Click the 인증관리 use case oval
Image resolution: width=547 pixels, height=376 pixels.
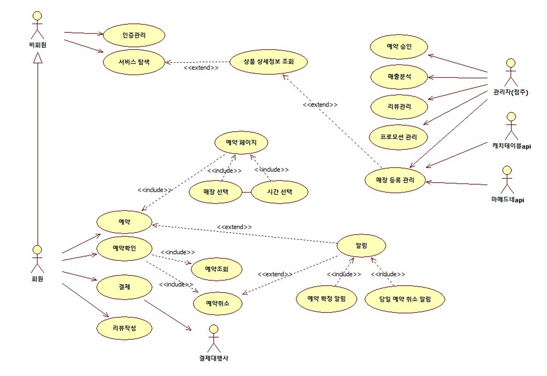[x=134, y=35]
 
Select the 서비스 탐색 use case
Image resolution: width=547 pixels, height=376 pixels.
[x=134, y=62]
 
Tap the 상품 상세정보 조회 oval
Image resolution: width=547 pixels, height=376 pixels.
[x=268, y=62]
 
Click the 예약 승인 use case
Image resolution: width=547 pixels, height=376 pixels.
[x=399, y=47]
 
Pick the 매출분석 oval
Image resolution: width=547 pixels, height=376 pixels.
[x=399, y=77]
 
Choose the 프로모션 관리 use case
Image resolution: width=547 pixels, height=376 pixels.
[x=398, y=137]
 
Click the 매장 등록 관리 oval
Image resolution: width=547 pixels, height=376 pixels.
[x=395, y=180]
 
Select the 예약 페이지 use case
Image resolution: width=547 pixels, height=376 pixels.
[x=241, y=142]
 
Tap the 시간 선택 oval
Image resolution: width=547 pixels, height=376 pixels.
[x=279, y=192]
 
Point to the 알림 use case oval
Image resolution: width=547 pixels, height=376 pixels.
[x=361, y=246]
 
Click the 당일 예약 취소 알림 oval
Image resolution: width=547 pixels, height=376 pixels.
[x=405, y=299]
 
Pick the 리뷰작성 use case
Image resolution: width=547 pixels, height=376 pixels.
[x=124, y=328]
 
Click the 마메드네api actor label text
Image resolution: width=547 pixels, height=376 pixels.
[x=507, y=200]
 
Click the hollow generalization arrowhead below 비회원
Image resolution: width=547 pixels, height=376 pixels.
[x=38, y=58]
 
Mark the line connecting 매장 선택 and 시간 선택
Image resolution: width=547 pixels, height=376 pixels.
[x=247, y=192]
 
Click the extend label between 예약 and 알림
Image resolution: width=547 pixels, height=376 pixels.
[x=234, y=227]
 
